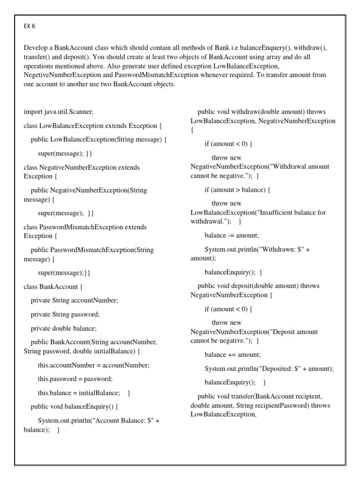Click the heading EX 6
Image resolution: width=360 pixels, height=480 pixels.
[29, 26]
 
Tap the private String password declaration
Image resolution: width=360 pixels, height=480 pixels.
[65, 314]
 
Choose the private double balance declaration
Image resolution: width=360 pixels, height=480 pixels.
[64, 328]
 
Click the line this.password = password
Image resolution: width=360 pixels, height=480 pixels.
[75, 378]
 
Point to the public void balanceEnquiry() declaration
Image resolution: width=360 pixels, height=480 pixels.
[75, 406]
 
